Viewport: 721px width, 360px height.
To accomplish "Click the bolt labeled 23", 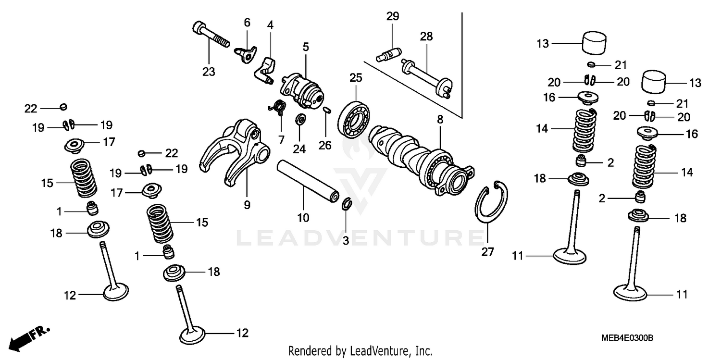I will point(210,33).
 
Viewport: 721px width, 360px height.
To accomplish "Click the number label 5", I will point(306,47).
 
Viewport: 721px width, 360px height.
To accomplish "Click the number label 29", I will point(392,16).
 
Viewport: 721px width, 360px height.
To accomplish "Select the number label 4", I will point(271,25).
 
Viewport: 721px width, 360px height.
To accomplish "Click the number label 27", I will point(487,251).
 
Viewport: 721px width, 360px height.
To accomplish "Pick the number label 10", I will point(303,218).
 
